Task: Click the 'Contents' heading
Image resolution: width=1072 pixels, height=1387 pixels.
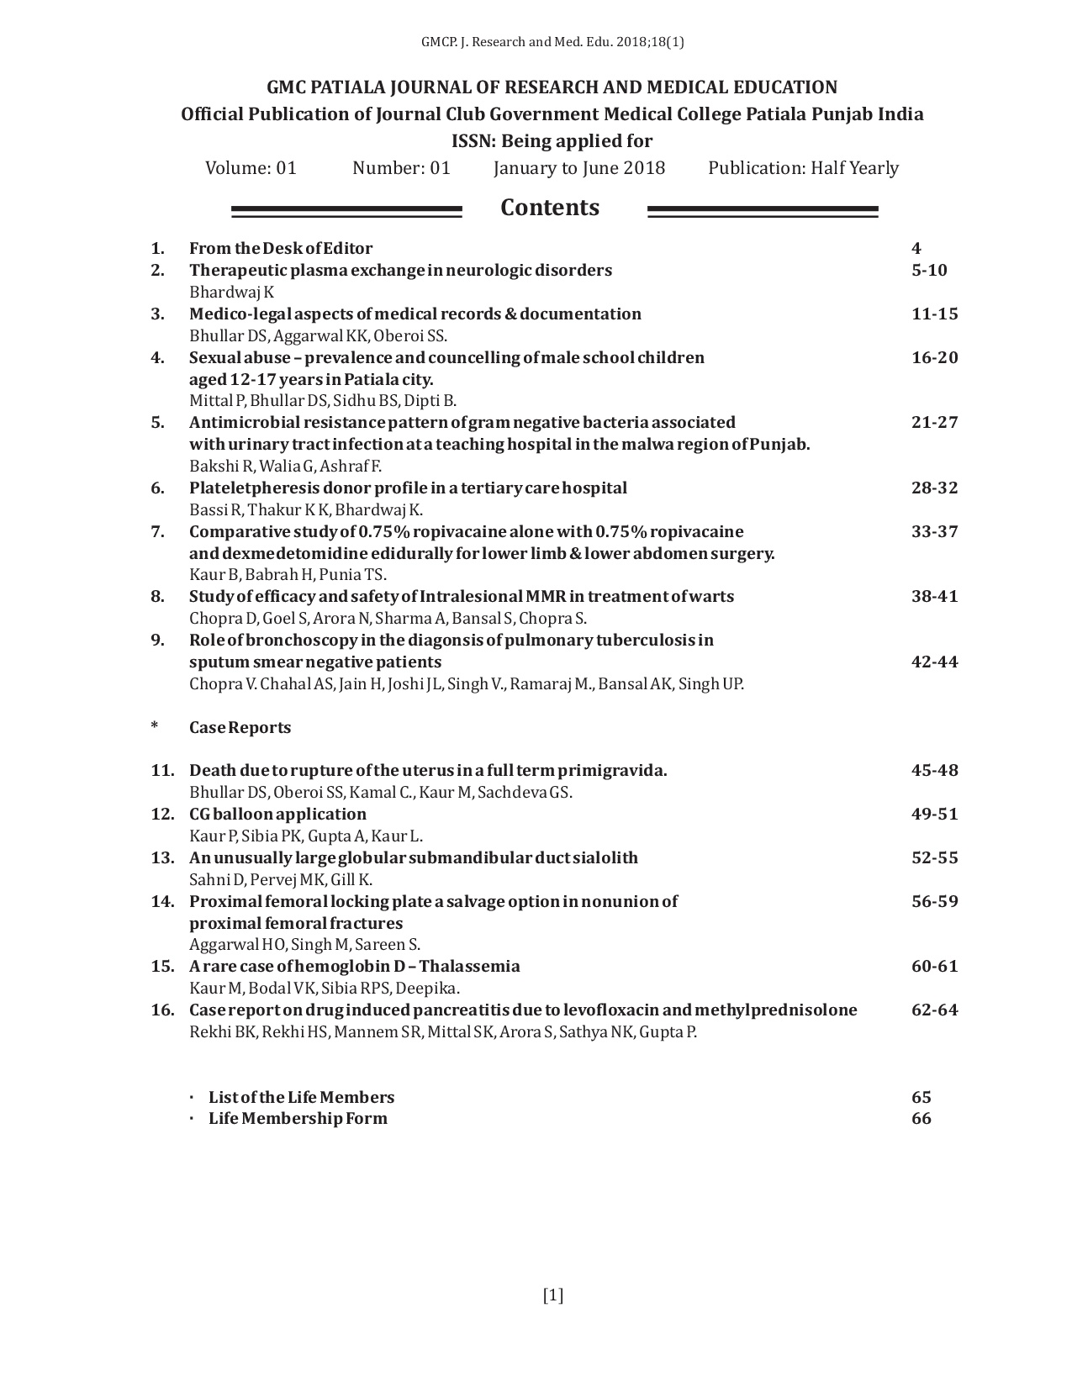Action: tap(550, 208)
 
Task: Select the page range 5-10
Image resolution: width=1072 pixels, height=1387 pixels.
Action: tap(929, 270)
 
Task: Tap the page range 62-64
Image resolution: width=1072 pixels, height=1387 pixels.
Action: tap(934, 1010)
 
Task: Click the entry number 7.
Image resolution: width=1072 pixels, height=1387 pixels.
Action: tap(157, 531)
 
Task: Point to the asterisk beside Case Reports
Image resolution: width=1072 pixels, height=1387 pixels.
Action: tap(155, 726)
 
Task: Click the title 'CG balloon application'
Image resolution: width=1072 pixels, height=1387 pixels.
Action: tap(277, 814)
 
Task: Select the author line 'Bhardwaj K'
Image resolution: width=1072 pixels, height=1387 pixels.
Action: tap(231, 292)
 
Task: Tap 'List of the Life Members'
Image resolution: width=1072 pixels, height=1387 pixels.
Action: tap(301, 1097)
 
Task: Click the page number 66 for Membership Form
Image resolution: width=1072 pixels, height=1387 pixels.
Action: tap(921, 1118)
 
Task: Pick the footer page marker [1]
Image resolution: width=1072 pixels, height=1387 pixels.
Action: tap(553, 1295)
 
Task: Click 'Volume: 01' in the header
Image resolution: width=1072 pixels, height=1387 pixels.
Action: tap(251, 168)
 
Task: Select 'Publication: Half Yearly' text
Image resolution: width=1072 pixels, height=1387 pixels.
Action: tap(803, 168)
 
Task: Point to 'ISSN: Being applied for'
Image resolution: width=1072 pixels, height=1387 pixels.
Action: tap(552, 140)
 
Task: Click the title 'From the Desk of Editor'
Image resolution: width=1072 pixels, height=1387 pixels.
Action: tap(281, 248)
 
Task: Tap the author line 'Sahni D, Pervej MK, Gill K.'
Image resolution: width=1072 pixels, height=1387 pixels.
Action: tap(281, 879)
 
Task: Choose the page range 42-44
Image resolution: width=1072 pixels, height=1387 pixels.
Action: tap(934, 662)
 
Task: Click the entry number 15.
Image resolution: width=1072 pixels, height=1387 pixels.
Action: tap(162, 966)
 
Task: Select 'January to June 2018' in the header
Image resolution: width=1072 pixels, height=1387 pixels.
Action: tap(579, 168)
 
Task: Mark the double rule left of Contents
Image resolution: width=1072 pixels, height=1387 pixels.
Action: tap(346, 211)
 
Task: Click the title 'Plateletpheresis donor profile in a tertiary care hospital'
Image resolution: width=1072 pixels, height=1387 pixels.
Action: tap(408, 488)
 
